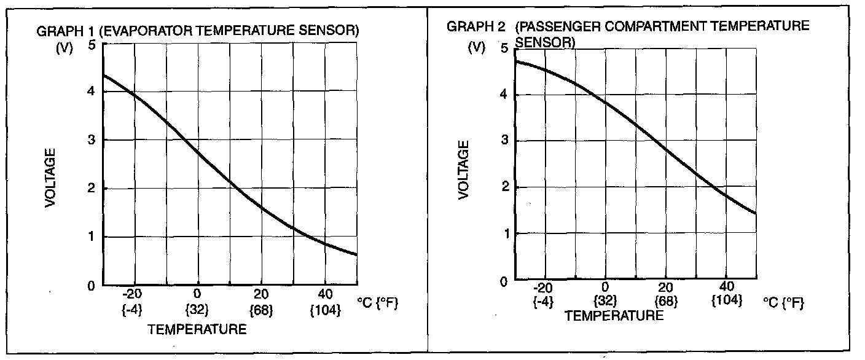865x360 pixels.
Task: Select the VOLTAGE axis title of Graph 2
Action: point(464,170)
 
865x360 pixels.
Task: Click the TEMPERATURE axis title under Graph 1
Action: point(197,330)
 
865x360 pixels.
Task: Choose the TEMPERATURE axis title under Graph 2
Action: point(614,316)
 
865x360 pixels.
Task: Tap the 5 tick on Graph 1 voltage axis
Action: point(92,44)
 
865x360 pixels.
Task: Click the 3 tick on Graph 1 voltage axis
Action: point(92,140)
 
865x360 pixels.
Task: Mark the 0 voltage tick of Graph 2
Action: point(504,281)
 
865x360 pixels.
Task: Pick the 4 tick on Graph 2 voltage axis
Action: point(504,95)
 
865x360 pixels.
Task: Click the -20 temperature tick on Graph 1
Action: point(132,293)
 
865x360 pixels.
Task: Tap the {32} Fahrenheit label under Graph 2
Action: point(606,300)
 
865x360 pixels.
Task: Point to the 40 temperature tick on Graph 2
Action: point(727,287)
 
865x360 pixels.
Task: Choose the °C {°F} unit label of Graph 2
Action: point(783,303)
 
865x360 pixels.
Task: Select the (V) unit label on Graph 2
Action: point(477,47)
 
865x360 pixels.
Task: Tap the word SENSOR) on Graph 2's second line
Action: point(545,42)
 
